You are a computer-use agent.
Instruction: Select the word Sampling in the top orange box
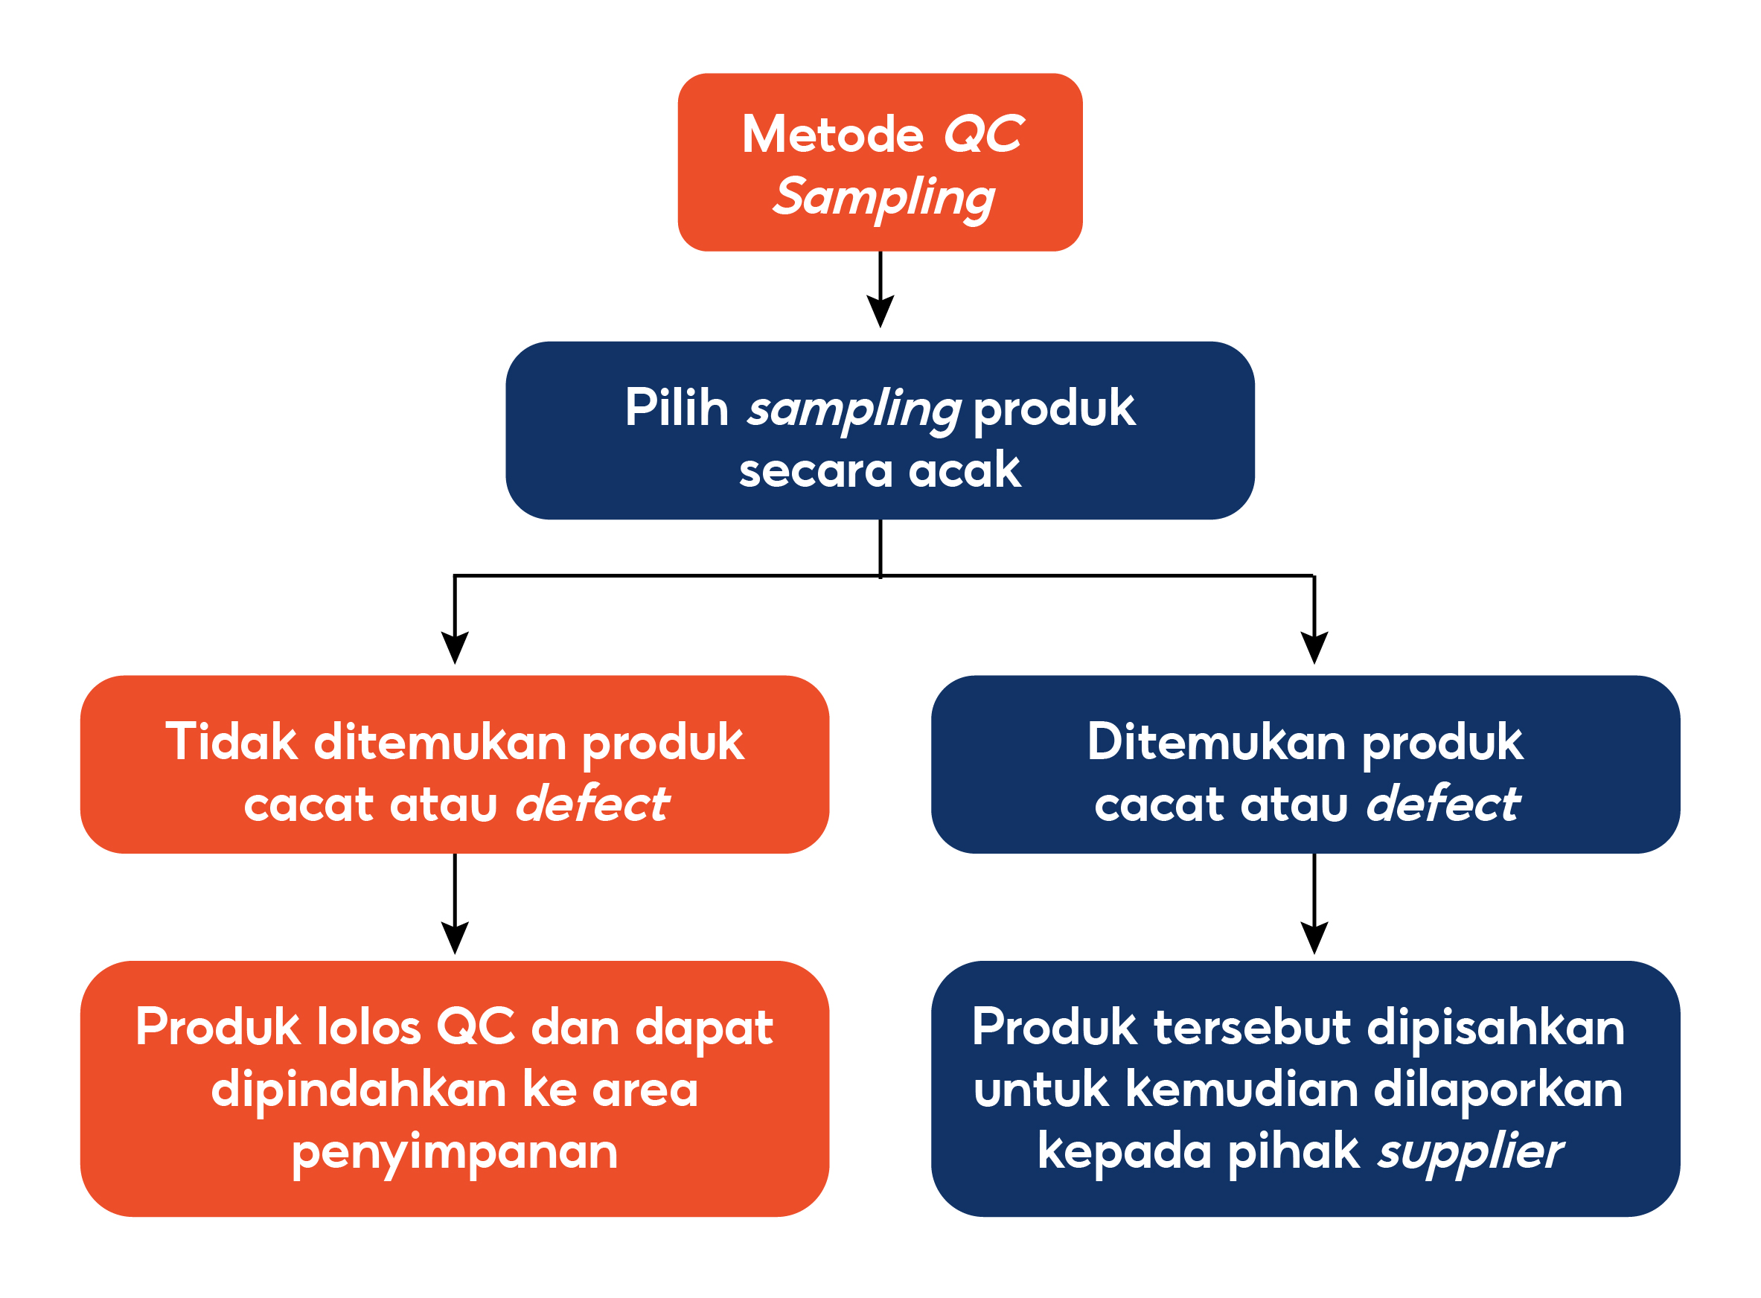(883, 197)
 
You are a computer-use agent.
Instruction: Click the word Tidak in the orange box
(231, 742)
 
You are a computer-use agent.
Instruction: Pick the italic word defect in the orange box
(592, 805)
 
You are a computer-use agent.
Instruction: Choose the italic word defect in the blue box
(1442, 805)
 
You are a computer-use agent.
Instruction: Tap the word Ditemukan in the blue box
(1215, 742)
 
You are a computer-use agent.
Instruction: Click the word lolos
(368, 1027)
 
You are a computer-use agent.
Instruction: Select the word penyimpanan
(454, 1153)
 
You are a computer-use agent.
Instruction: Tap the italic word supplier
(1469, 1153)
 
